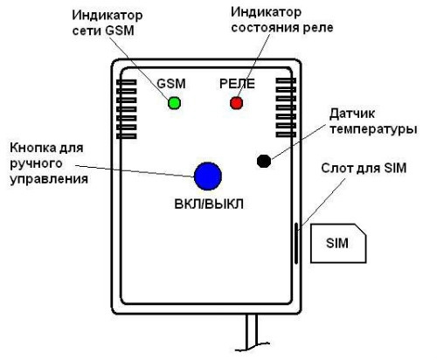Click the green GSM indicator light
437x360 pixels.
pyautogui.click(x=174, y=103)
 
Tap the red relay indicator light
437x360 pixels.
pyautogui.click(x=236, y=103)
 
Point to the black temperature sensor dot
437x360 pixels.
pyautogui.click(x=264, y=161)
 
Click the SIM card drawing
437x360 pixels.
pyautogui.click(x=338, y=243)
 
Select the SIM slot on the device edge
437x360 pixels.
pyautogui.click(x=296, y=243)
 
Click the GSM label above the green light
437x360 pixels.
pyautogui.click(x=171, y=84)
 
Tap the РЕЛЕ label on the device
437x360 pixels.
pyautogui.click(x=237, y=84)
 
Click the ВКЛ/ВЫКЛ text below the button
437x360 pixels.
pyautogui.click(x=209, y=204)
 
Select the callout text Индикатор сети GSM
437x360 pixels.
pyautogui.click(x=108, y=23)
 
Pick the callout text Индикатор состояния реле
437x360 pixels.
pyautogui.click(x=282, y=20)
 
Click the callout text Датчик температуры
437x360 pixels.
pyautogui.click(x=373, y=121)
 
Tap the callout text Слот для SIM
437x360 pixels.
pyautogui.click(x=364, y=169)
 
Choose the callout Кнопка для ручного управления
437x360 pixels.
pyautogui.click(x=49, y=163)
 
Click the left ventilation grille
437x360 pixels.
pyautogui.click(x=127, y=109)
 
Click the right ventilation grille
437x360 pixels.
pyautogui.click(x=286, y=107)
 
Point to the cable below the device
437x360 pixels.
pyautogui.click(x=252, y=332)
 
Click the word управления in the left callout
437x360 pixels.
pyautogui.click(x=49, y=179)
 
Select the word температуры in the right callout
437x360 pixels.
pyautogui.click(x=373, y=129)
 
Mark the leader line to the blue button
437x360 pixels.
pyautogui.click(x=135, y=171)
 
